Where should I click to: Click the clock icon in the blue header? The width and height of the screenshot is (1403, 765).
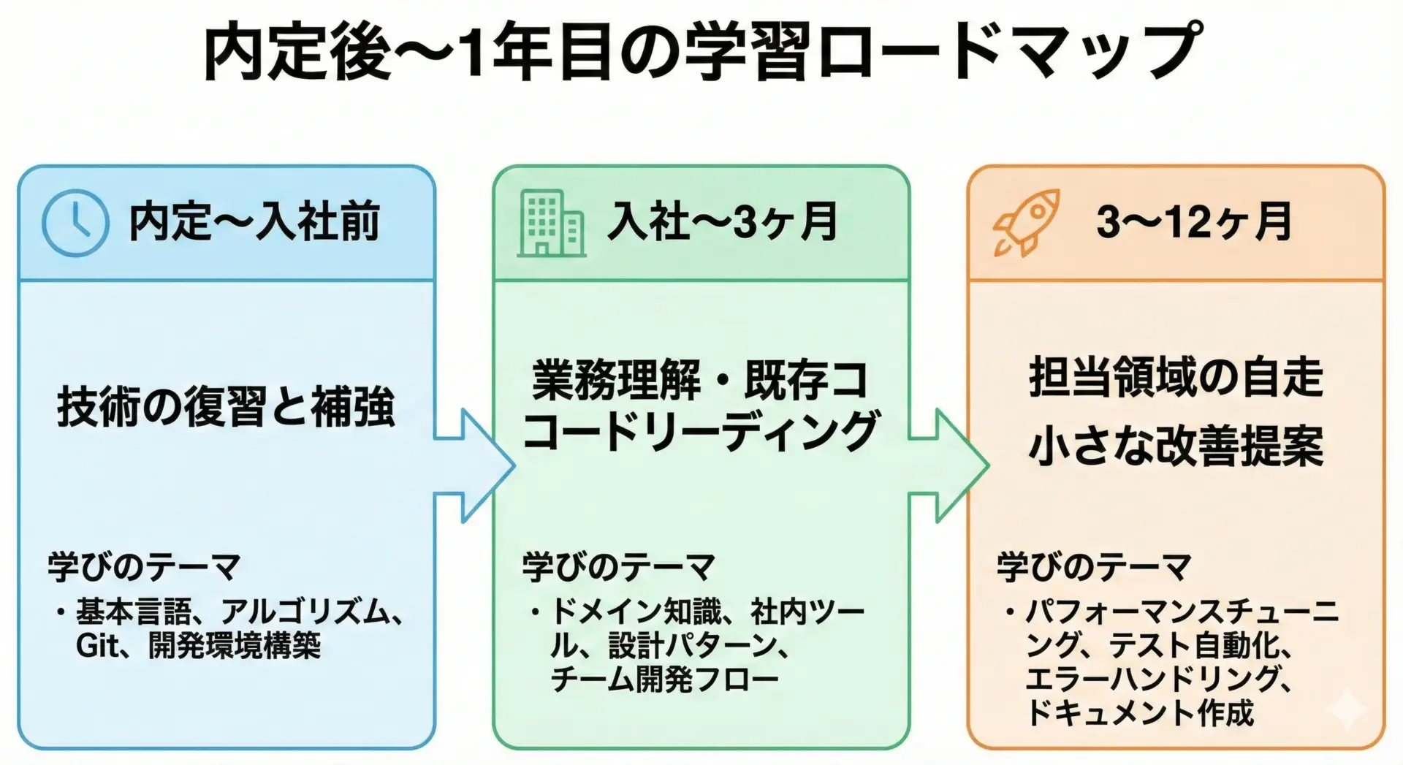click(x=75, y=223)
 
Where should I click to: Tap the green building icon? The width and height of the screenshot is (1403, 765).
click(x=552, y=224)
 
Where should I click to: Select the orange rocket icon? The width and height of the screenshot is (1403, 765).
click(x=1024, y=223)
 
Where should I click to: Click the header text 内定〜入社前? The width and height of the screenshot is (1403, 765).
click(x=254, y=222)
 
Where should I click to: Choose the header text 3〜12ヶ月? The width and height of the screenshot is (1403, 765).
click(x=1194, y=222)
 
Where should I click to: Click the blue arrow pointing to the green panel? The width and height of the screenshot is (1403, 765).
click(x=475, y=466)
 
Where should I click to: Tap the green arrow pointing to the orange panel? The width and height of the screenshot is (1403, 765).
click(x=950, y=466)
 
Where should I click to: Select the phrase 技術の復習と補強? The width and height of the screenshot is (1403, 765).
click(x=227, y=408)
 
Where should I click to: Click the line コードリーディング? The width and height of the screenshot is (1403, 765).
click(x=701, y=432)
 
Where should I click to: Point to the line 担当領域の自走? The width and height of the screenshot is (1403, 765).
click(x=1176, y=378)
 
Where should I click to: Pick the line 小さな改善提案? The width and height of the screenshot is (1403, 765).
click(x=1176, y=446)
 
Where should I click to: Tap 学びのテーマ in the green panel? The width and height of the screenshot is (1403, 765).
click(x=618, y=567)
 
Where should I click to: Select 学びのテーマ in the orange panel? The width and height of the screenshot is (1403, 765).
click(x=1094, y=567)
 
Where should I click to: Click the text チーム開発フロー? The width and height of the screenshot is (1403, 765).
click(x=664, y=680)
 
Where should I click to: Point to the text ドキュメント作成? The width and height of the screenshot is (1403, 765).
click(x=1140, y=713)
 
